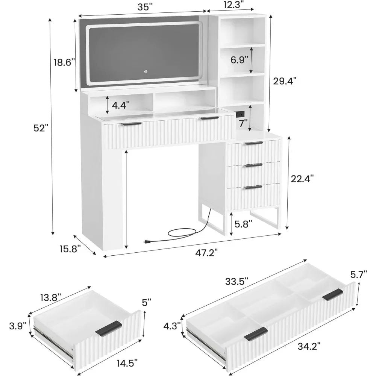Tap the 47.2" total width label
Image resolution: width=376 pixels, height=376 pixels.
pyautogui.click(x=206, y=253)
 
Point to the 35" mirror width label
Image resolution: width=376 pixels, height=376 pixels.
pyautogui.click(x=145, y=7)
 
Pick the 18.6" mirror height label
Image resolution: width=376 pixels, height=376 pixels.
pyautogui.click(x=63, y=62)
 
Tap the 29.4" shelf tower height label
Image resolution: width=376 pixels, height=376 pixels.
pyautogui.click(x=285, y=81)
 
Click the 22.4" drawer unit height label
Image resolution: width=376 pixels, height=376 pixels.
pyautogui.click(x=302, y=179)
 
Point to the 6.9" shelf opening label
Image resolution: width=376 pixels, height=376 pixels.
pyautogui.click(x=239, y=60)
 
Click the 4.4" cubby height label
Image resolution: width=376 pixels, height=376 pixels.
pyautogui.click(x=121, y=105)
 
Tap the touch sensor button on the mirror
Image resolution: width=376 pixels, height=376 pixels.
pyautogui.click(x=146, y=71)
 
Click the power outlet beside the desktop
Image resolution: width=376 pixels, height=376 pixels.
pyautogui.click(x=240, y=114)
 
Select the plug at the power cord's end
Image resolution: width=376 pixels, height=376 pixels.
pyautogui.click(x=146, y=242)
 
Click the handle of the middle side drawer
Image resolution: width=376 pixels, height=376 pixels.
pyautogui.click(x=253, y=165)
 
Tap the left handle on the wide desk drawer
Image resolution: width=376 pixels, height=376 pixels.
pyautogui.click(x=132, y=124)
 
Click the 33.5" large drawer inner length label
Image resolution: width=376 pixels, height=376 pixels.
pyautogui.click(x=237, y=281)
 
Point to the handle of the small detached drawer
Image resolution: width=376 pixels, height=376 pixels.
pyautogui.click(x=109, y=328)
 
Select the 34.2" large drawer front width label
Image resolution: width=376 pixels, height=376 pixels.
pyautogui.click(x=309, y=346)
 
